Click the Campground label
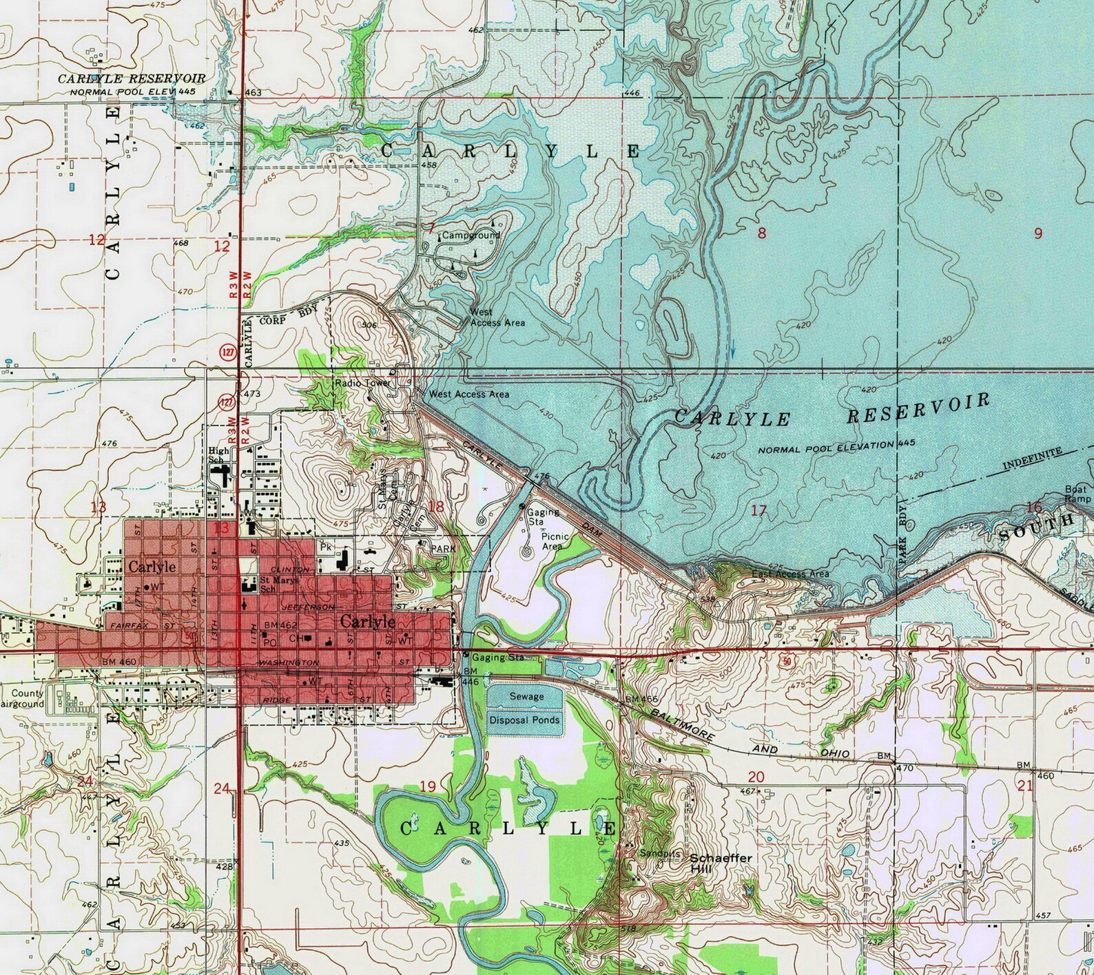[x=471, y=235]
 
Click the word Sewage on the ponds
[x=526, y=696]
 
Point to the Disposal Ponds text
[x=525, y=720]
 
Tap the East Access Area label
[x=789, y=574]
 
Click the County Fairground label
[x=28, y=699]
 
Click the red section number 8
[x=761, y=233]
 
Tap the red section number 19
[x=427, y=786]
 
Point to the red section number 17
[x=758, y=511]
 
